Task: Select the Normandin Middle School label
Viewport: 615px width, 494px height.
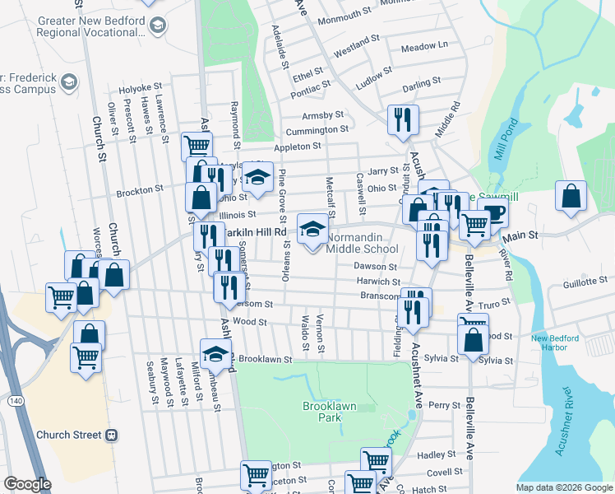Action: coord(363,243)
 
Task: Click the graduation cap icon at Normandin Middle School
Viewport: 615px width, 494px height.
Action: coord(312,229)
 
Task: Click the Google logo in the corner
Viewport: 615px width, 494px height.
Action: coord(27,484)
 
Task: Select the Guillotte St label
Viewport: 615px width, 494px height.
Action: coord(574,282)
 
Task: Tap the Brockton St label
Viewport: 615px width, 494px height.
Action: coord(140,190)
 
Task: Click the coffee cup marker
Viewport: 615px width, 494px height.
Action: coord(492,212)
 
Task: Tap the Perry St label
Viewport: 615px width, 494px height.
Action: coord(444,405)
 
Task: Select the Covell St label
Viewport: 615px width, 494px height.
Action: coord(445,473)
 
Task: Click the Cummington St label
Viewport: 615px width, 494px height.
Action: coord(317,130)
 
